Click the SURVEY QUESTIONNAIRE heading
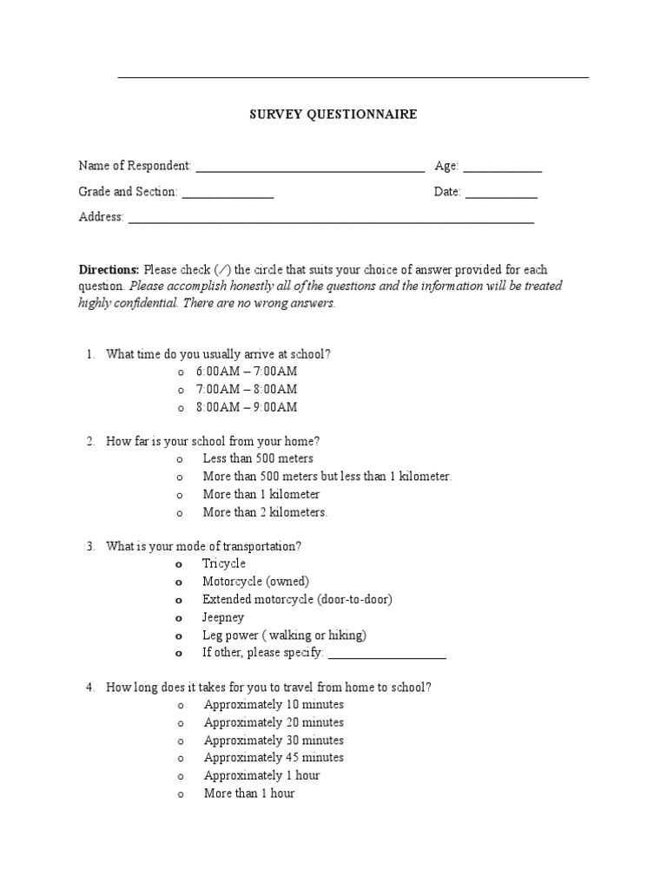pyautogui.click(x=333, y=115)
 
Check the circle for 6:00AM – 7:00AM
pyautogui.click(x=180, y=372)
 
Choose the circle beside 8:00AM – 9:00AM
pyautogui.click(x=180, y=408)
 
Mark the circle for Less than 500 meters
pyautogui.click(x=180, y=459)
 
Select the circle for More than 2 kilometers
pyautogui.click(x=180, y=513)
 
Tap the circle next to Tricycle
pyautogui.click(x=180, y=564)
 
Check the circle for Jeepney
pyautogui.click(x=180, y=618)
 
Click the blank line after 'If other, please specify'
pyautogui.click(x=387, y=655)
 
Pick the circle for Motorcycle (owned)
pyautogui.click(x=180, y=583)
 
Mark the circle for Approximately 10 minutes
pyautogui.click(x=180, y=706)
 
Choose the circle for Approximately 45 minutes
pyautogui.click(x=180, y=759)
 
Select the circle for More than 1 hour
pyautogui.click(x=180, y=794)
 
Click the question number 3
pyautogui.click(x=89, y=547)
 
